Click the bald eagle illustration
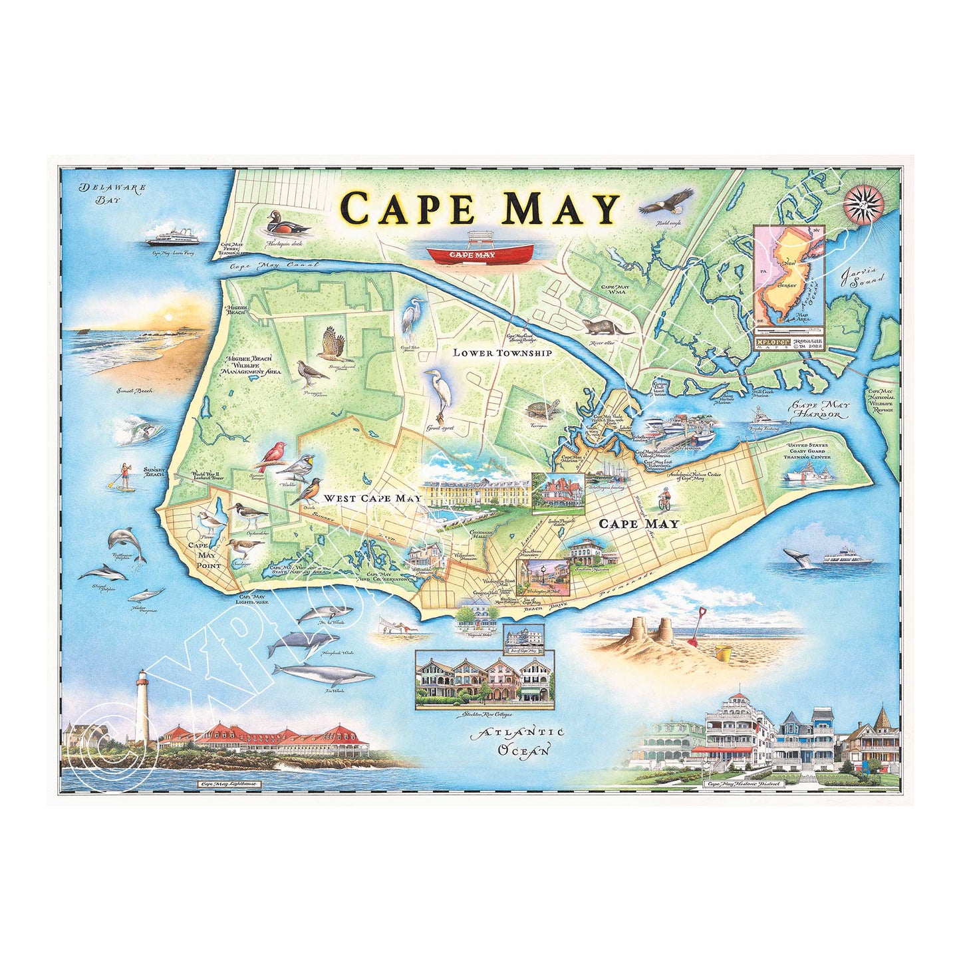click(666, 201)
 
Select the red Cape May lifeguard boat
click(480, 253)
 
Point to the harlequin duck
click(287, 224)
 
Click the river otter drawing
click(605, 327)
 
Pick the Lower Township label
click(502, 352)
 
